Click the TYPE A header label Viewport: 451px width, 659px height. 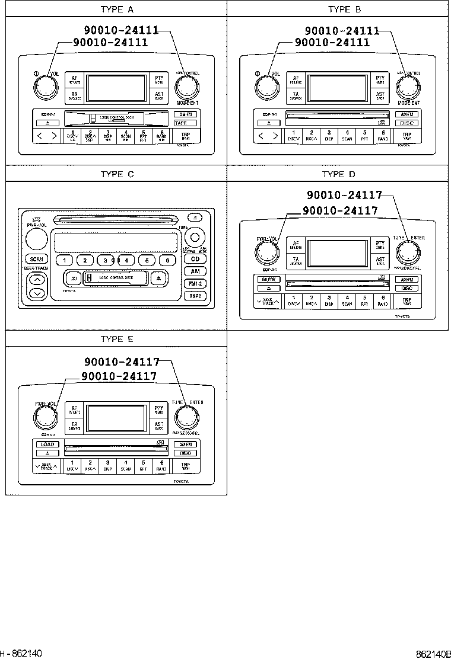[x=117, y=9]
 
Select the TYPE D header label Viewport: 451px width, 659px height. [x=338, y=174]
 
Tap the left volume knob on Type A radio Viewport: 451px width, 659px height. [x=44, y=88]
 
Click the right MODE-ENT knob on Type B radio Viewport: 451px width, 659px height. [x=407, y=88]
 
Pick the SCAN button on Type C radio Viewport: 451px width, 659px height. [x=36, y=259]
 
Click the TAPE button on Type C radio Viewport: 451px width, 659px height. [x=195, y=296]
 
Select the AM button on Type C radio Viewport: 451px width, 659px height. [x=195, y=271]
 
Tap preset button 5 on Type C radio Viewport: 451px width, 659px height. [x=147, y=260]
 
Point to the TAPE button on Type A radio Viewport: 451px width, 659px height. [x=181, y=123]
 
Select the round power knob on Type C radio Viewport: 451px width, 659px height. [x=36, y=239]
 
